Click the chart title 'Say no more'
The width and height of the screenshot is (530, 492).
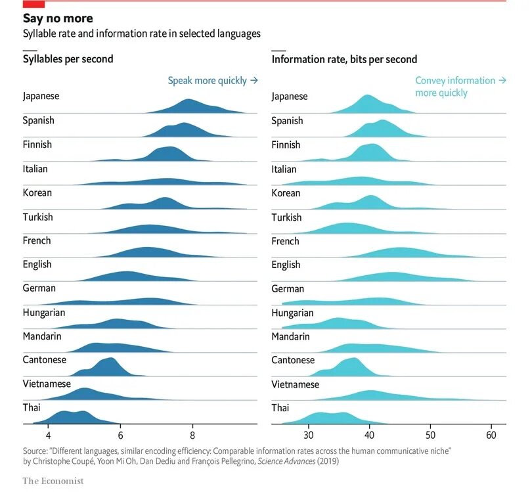pos(58,18)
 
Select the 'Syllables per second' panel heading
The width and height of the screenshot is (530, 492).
pos(68,59)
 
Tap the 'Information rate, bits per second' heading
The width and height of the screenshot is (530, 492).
pos(344,60)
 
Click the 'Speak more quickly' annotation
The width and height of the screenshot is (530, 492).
pos(212,81)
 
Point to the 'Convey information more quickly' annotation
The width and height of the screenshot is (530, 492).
pos(460,87)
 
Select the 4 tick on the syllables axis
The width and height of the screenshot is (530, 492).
pos(48,435)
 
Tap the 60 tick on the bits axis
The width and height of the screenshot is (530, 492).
pos(491,435)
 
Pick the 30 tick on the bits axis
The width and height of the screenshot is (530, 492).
pos(308,435)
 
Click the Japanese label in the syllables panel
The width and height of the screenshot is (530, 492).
pos(41,96)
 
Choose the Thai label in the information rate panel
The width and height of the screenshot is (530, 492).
pos(280,408)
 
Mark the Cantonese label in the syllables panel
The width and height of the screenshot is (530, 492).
pos(43,360)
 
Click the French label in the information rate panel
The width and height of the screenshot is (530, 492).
pos(285,241)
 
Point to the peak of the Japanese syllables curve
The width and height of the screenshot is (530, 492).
pos(189,101)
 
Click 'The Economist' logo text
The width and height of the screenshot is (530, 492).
pos(53,481)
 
